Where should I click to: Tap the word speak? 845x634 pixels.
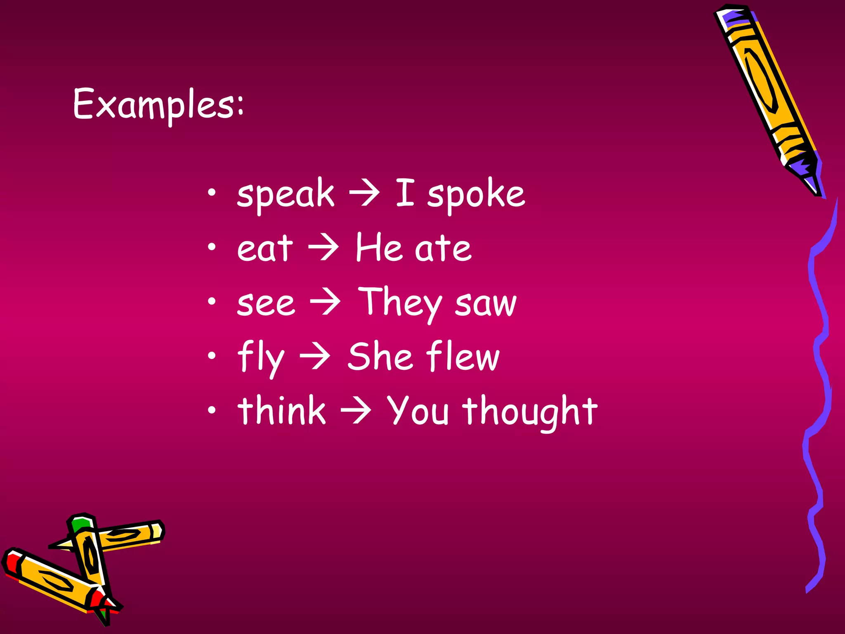pyautogui.click(x=286, y=194)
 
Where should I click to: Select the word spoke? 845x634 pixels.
pyautogui.click(x=476, y=194)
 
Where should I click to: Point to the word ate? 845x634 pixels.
pyautogui.click(x=443, y=248)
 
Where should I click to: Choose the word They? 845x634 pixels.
pyautogui.click(x=399, y=303)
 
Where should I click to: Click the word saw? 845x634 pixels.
pyautogui.click(x=486, y=304)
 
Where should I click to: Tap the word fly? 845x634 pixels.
pyautogui.click(x=261, y=357)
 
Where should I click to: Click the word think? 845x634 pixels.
pyautogui.click(x=282, y=410)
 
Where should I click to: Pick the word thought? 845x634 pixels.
pyautogui.click(x=530, y=411)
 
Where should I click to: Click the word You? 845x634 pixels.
pyautogui.click(x=418, y=410)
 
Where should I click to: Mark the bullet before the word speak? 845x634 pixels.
pyautogui.click(x=212, y=192)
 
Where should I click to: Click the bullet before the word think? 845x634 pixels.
pyautogui.click(x=212, y=410)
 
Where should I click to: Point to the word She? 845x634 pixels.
pyautogui.click(x=380, y=357)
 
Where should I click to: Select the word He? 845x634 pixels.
pyautogui.click(x=379, y=248)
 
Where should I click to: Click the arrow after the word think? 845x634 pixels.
pyautogui.click(x=356, y=411)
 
